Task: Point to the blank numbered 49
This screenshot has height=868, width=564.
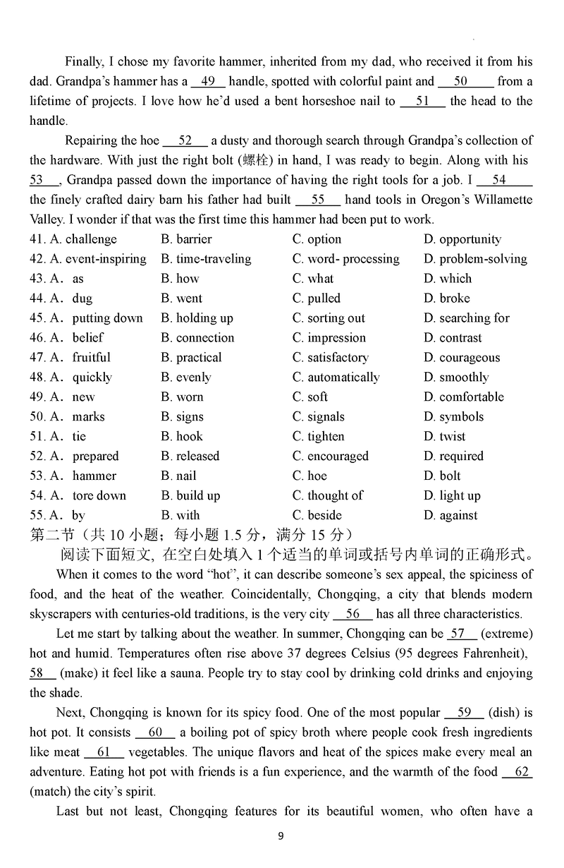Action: pyautogui.click(x=208, y=82)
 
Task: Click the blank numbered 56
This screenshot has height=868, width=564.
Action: pyautogui.click(x=353, y=614)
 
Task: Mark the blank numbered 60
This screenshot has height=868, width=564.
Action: pyautogui.click(x=156, y=733)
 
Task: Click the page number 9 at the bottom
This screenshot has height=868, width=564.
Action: pyautogui.click(x=281, y=837)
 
